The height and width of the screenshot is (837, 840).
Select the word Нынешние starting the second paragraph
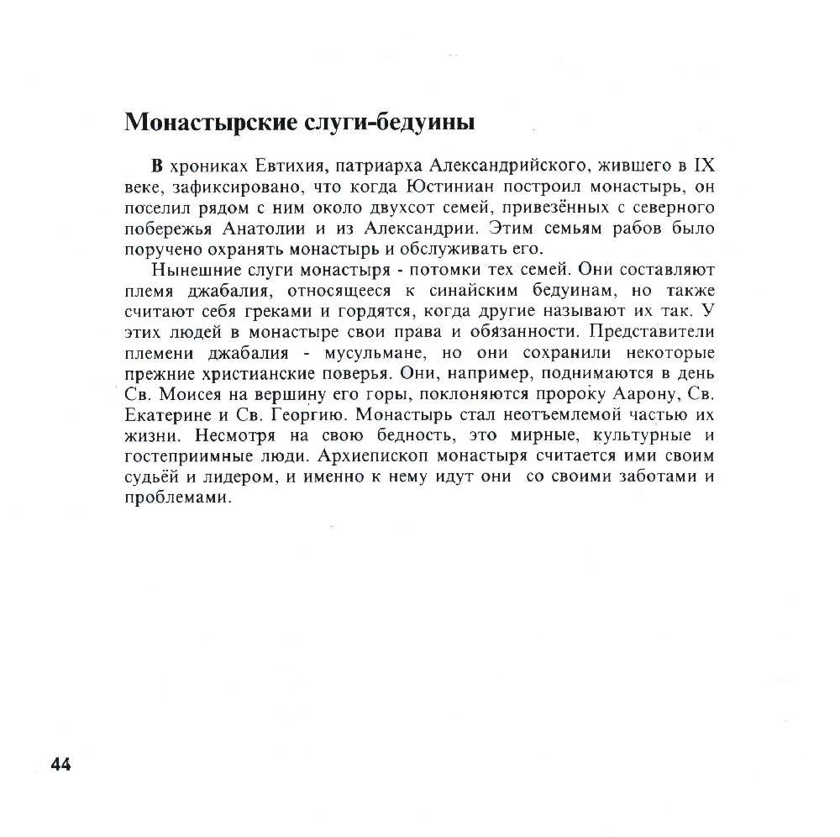pyautogui.click(x=192, y=271)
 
